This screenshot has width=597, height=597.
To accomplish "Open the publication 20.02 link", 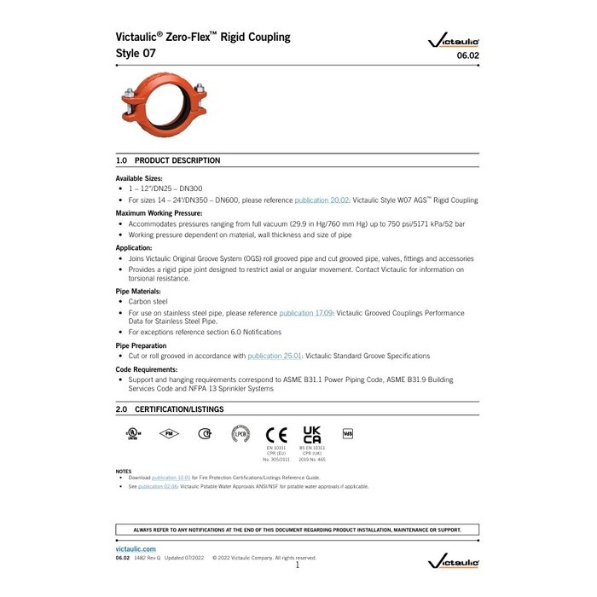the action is pyautogui.click(x=317, y=200).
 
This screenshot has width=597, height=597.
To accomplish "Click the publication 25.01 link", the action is pyautogui.click(x=270, y=356).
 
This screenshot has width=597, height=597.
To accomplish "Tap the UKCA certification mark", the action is pyautogui.click(x=312, y=433).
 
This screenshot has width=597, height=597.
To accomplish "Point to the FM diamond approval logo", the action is pyautogui.click(x=169, y=433).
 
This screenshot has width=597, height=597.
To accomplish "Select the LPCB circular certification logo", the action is pyautogui.click(x=241, y=434).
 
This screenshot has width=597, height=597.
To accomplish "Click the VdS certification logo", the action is pyautogui.click(x=348, y=432).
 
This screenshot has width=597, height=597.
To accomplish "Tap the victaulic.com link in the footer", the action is pyautogui.click(x=136, y=549).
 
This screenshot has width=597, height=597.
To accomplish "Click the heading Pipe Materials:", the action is pyautogui.click(x=139, y=291).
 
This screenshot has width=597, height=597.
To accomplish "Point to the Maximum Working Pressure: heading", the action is pyautogui.click(x=159, y=212).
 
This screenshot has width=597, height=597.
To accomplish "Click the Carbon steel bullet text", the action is pyautogui.click(x=148, y=301).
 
